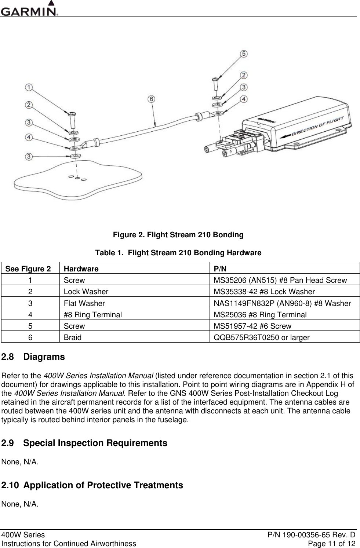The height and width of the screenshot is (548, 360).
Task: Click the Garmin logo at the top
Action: (29, 9)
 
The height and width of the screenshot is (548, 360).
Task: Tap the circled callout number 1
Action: (29, 88)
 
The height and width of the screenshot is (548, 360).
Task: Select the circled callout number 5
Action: (243, 54)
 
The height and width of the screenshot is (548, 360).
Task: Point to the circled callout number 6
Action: (152, 99)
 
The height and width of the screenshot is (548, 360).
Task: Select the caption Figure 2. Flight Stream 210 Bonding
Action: (178, 235)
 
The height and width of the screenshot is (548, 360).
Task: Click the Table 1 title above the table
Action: (178, 253)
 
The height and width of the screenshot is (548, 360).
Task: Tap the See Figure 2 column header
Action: (28, 268)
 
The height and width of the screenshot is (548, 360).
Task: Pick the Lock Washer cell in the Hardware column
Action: (86, 292)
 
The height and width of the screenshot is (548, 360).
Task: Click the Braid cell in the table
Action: (73, 337)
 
